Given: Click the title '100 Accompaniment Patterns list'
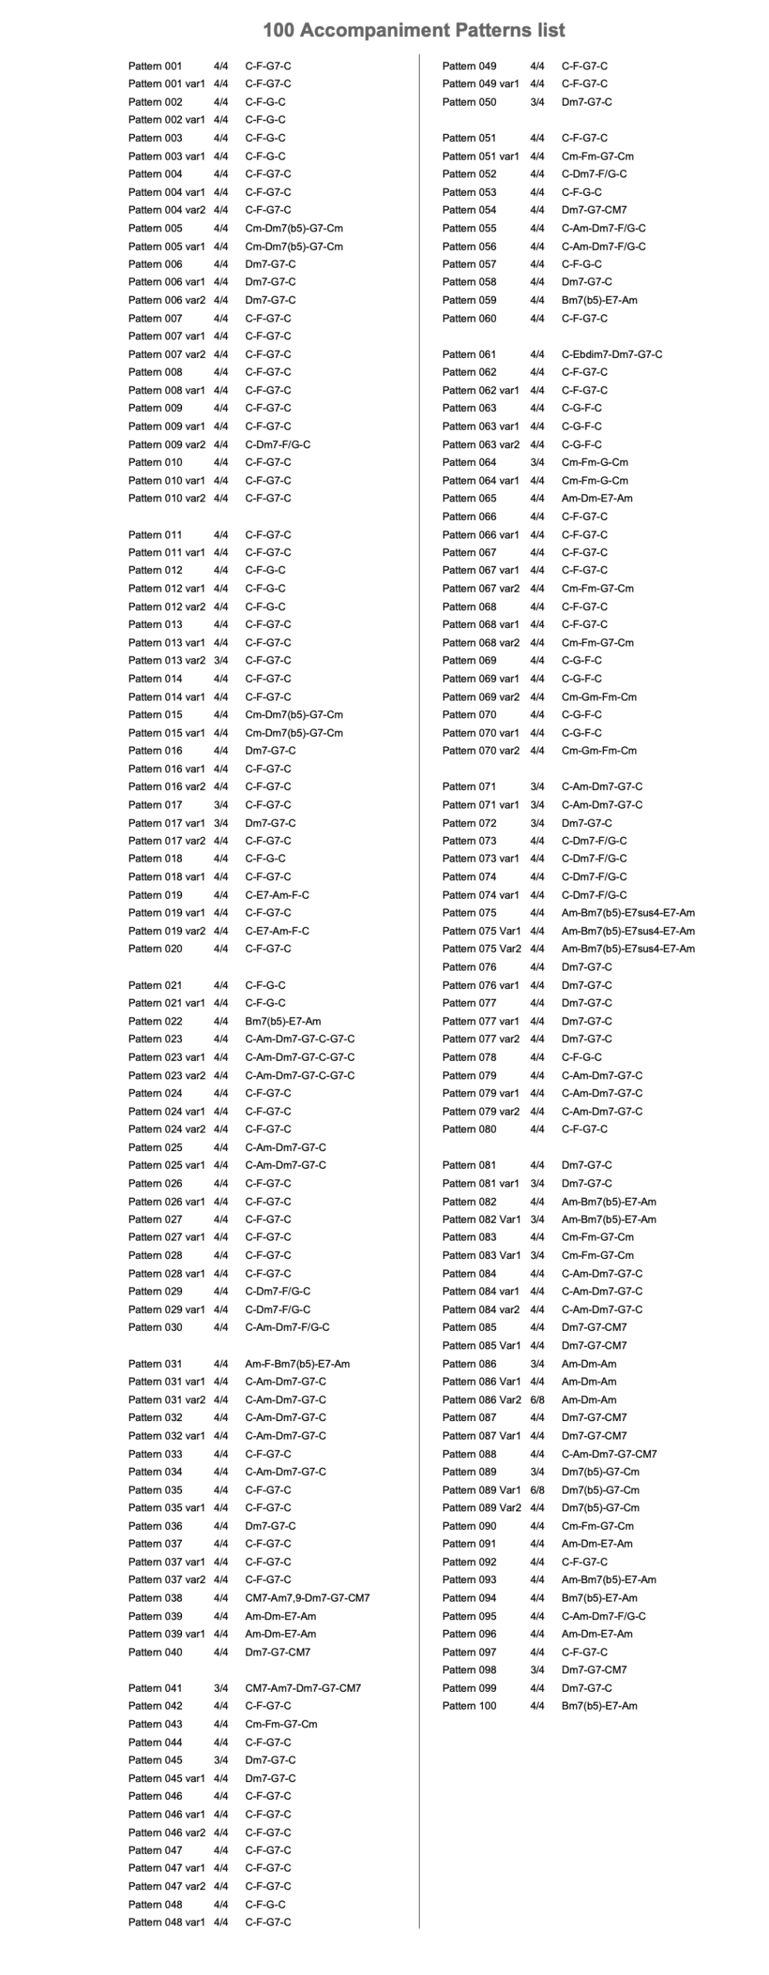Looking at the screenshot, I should tap(413, 30).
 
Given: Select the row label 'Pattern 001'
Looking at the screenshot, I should tap(155, 66).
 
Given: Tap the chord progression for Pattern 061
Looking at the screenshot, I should tap(611, 354).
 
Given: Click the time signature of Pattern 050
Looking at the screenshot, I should tap(537, 102).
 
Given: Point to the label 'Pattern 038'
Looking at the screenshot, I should tap(155, 1598).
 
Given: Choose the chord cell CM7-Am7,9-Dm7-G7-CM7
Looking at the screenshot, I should tap(307, 1598).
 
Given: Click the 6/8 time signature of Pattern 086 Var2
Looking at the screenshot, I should tap(537, 1399).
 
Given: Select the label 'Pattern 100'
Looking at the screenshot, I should tap(469, 1706).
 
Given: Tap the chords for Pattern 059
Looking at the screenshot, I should tap(599, 300).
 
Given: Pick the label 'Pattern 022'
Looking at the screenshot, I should tap(155, 1021).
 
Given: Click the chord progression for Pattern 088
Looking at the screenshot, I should tap(609, 1453).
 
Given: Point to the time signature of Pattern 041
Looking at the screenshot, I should tap(221, 1688).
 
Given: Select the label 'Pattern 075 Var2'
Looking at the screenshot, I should tap(481, 949).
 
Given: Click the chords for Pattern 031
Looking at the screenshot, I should tap(297, 1363).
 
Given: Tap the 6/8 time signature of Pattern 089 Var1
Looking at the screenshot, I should tap(537, 1490).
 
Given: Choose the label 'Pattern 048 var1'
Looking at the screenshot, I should tap(167, 1922).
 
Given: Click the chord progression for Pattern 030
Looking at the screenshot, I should tap(287, 1327).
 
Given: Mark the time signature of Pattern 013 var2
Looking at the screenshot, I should tap(221, 660).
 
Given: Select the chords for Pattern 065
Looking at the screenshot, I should tap(596, 498).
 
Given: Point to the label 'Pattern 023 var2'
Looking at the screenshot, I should tap(167, 1075).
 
